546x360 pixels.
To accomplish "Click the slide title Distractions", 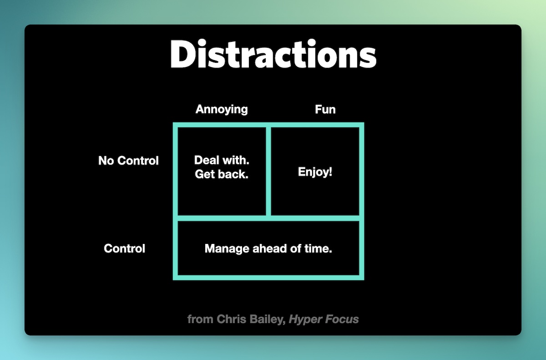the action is tap(273, 54).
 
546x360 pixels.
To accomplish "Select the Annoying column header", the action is tap(222, 109).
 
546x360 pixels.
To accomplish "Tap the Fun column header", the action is tap(325, 109).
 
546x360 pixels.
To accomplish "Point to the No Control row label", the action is tap(128, 161).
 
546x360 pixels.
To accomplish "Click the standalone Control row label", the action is tap(125, 248).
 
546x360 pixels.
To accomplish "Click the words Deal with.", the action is tap(222, 160).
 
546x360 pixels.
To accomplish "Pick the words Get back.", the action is tap(222, 174).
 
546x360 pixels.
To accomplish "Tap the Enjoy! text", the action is tap(315, 172).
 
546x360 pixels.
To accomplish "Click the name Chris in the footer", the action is tap(231, 319).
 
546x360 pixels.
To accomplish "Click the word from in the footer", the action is tap(200, 319).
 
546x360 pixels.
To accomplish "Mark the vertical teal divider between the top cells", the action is tap(268, 171).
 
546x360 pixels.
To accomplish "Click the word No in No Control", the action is tap(106, 161).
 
